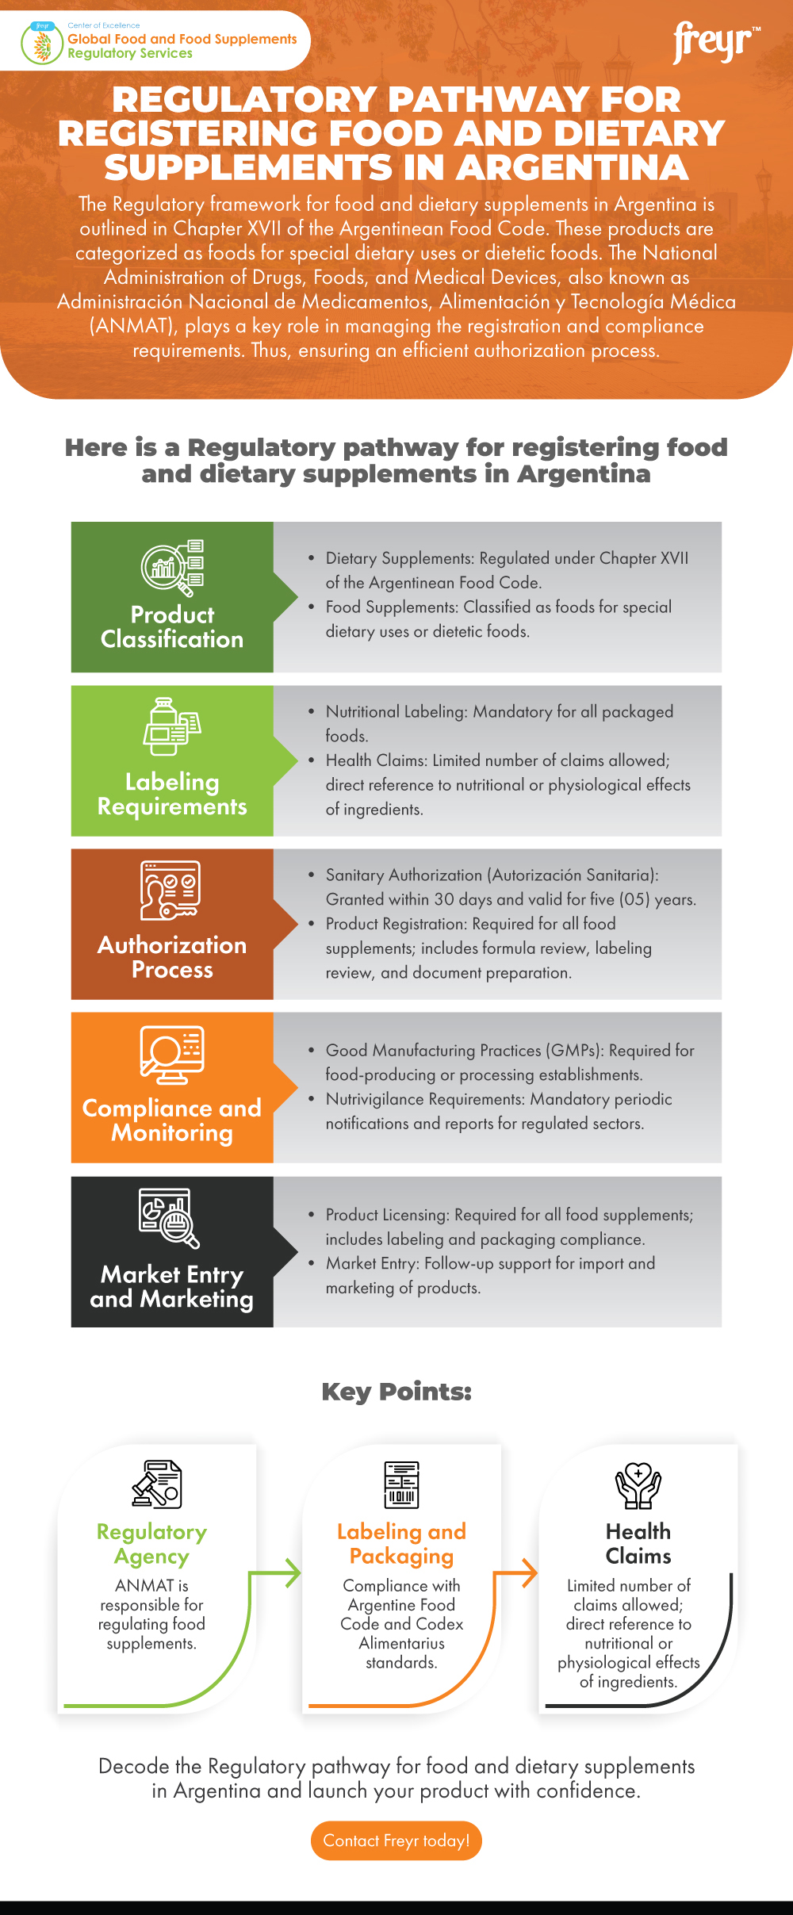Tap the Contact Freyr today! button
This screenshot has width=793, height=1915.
tap(396, 1840)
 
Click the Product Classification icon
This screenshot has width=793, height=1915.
tap(173, 568)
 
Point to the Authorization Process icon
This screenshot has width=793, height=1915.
tap(170, 890)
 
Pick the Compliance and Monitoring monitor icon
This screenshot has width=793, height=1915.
tap(172, 1055)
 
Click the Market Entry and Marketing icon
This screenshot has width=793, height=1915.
tap(169, 1218)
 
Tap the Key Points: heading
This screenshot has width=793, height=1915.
tap(396, 1391)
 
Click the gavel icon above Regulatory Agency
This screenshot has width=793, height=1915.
tap(157, 1484)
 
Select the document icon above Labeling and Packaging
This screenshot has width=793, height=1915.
tap(401, 1484)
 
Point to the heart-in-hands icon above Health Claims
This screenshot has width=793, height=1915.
tap(638, 1484)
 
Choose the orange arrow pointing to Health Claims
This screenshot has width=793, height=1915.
tap(525, 1572)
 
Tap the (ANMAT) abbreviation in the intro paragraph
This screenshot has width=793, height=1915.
tap(132, 326)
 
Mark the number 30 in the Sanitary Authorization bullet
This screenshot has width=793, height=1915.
tap(444, 899)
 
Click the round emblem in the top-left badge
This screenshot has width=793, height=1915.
tap(42, 44)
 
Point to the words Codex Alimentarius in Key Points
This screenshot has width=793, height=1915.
tap(413, 1633)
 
